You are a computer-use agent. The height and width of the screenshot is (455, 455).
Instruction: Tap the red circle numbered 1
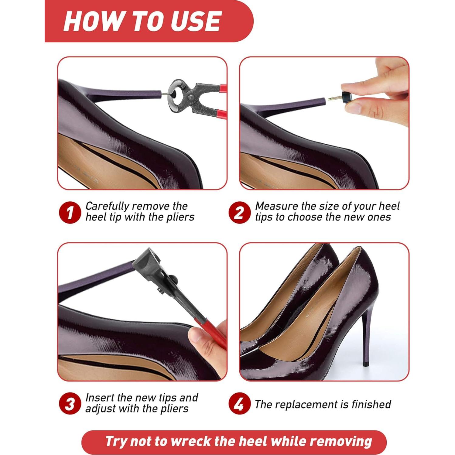(x=70, y=212)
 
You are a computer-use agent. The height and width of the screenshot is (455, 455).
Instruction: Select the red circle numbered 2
(x=240, y=212)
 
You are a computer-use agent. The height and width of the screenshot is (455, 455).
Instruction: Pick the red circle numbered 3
(x=70, y=404)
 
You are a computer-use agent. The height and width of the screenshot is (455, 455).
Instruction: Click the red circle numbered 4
(x=240, y=404)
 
